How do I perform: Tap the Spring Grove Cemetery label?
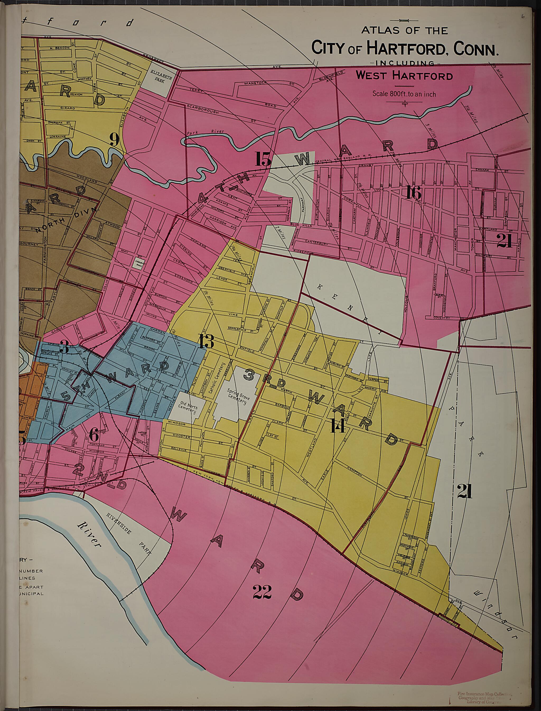click(238, 396)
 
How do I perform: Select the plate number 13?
click(206, 341)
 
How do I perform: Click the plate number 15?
click(263, 159)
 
